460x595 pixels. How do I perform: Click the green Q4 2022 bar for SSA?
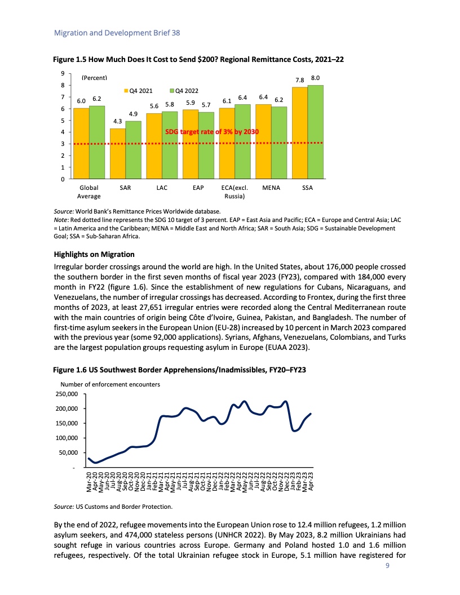[315, 132]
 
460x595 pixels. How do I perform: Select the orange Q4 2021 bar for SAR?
[117, 154]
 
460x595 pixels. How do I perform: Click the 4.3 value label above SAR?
[118, 121]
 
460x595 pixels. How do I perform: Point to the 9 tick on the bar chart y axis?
[64, 73]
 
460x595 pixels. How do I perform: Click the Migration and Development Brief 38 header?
[117, 33]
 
